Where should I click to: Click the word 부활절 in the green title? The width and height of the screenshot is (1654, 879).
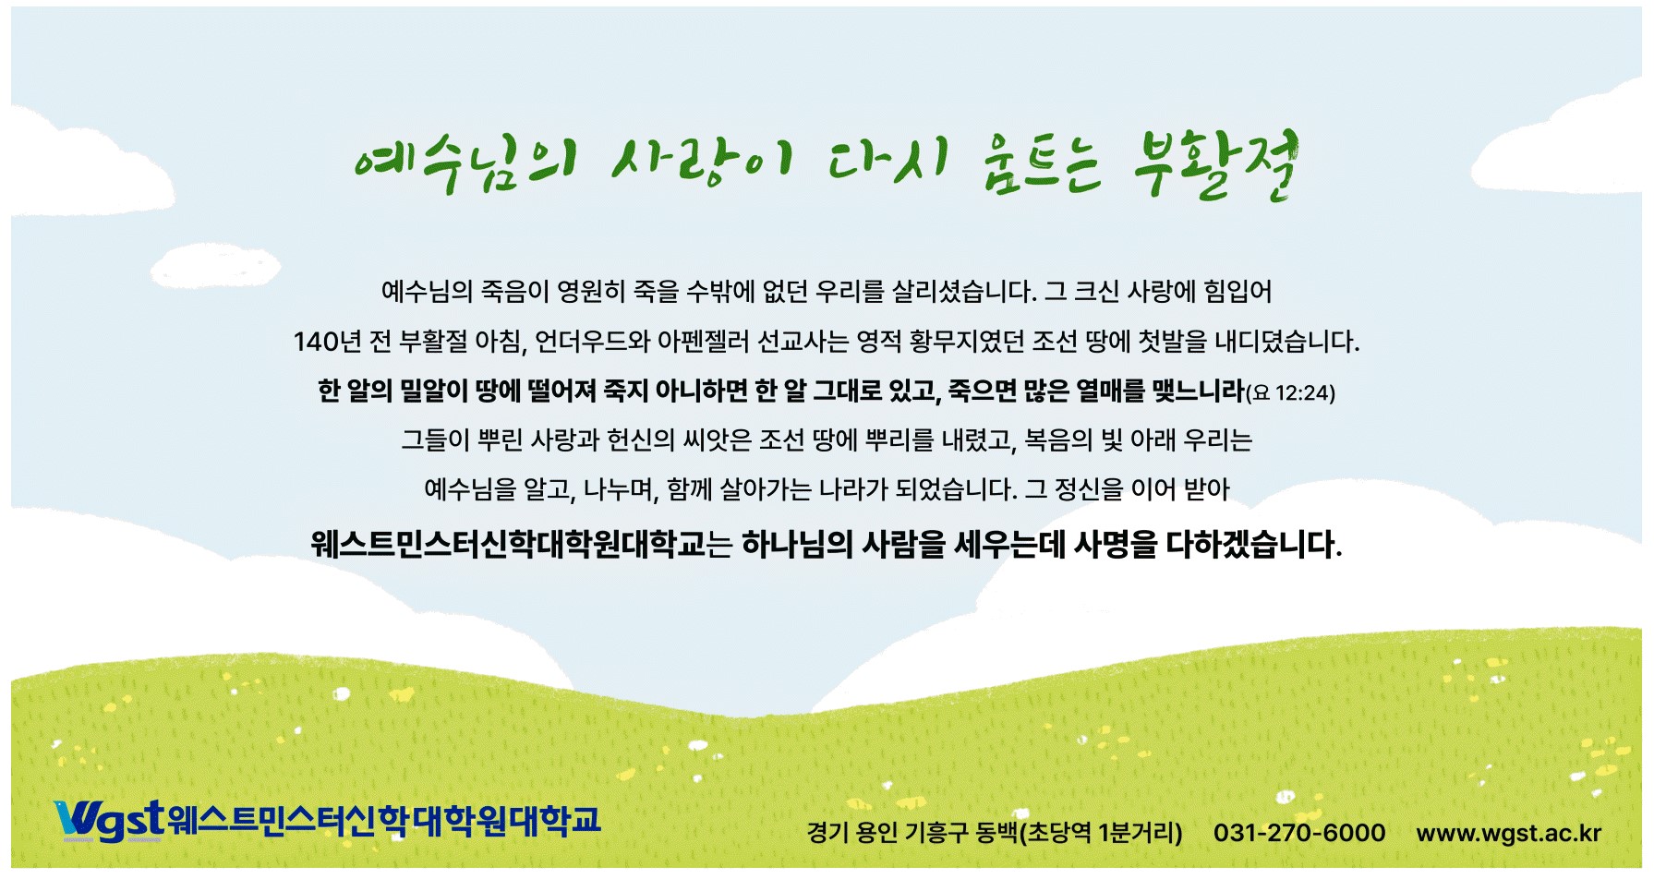coord(1215,165)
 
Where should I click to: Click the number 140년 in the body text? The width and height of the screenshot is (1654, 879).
coord(327,342)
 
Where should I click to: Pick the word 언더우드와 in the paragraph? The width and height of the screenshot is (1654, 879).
coord(593,342)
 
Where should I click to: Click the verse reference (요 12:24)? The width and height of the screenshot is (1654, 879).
coord(1290,393)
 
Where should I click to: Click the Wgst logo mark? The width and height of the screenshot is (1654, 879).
coord(109,820)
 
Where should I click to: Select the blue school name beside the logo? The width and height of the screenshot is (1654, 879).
coord(384,820)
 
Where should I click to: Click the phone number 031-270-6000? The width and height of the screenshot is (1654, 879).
coord(1299,833)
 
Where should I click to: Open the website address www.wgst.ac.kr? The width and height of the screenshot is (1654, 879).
coord(1509,833)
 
